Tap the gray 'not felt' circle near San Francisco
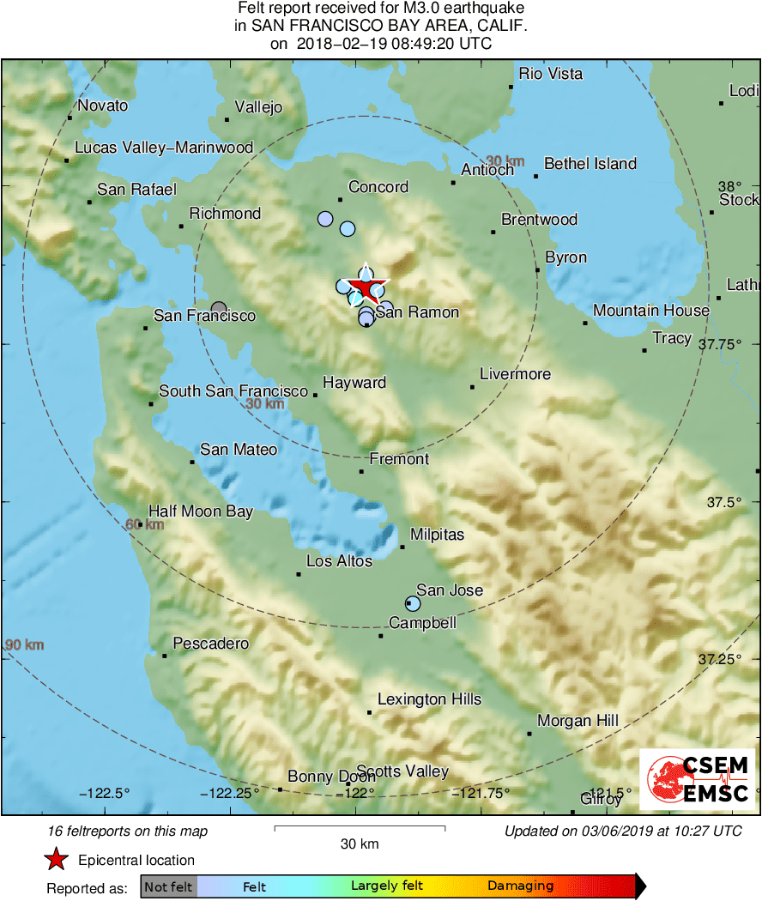pyautogui.click(x=219, y=308)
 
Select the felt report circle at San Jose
pyautogui.click(x=413, y=603)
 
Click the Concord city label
pyautogui.click(x=378, y=187)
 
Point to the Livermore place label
pyautogui.click(x=515, y=374)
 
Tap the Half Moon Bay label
pyautogui.click(x=201, y=511)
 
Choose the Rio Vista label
pyautogui.click(x=551, y=74)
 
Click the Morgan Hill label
pyautogui.click(x=578, y=721)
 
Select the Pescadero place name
pyautogui.click(x=211, y=644)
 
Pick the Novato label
pyautogui.click(x=102, y=106)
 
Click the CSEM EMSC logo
pyautogui.click(x=697, y=779)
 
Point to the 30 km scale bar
pyautogui.click(x=360, y=828)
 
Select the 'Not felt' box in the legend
pyautogui.click(x=168, y=886)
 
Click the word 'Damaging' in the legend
pyautogui.click(x=520, y=886)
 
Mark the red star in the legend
pyautogui.click(x=57, y=860)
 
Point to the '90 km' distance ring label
pyautogui.click(x=23, y=645)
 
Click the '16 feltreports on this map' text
pyautogui.click(x=128, y=831)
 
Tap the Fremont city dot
pyautogui.click(x=361, y=471)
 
